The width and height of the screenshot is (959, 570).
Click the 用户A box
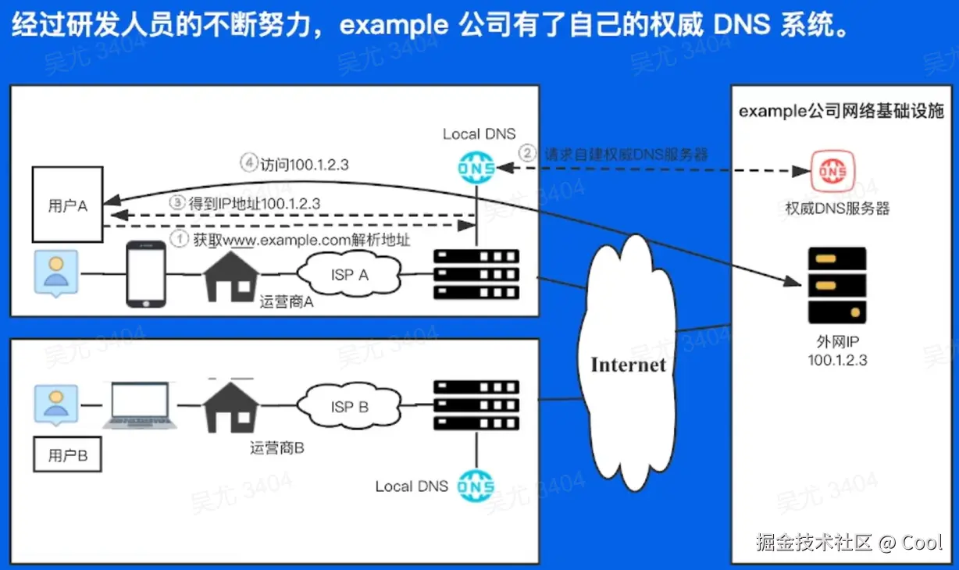pyautogui.click(x=67, y=205)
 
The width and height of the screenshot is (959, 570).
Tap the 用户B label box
pyautogui.click(x=67, y=455)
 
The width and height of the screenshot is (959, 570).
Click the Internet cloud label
pyautogui.click(x=628, y=365)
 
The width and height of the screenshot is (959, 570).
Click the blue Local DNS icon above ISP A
pyautogui.click(x=476, y=167)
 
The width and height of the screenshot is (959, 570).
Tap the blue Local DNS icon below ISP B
pyautogui.click(x=476, y=486)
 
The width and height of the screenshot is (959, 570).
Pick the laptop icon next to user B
pyautogui.click(x=141, y=406)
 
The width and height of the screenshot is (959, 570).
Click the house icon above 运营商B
pyautogui.click(x=231, y=404)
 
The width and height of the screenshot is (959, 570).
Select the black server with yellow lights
pyautogui.click(x=837, y=285)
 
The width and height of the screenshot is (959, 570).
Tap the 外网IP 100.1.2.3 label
pyautogui.click(x=837, y=351)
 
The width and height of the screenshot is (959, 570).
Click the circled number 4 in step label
pyautogui.click(x=249, y=165)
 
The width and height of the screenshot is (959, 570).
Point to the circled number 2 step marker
pyautogui.click(x=529, y=153)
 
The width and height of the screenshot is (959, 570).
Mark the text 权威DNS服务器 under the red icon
pyautogui.click(x=837, y=208)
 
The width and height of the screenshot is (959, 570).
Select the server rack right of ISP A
pyautogui.click(x=476, y=275)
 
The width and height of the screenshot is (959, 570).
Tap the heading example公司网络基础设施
pyautogui.click(x=841, y=111)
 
